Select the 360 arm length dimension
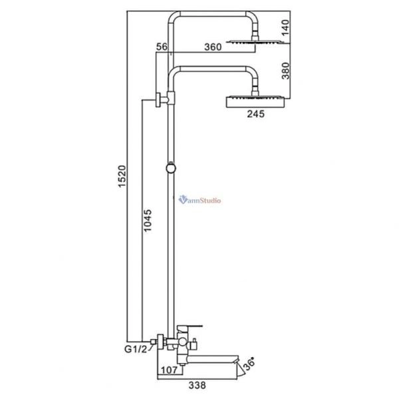coord(213,47)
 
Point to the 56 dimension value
coord(162,47)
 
